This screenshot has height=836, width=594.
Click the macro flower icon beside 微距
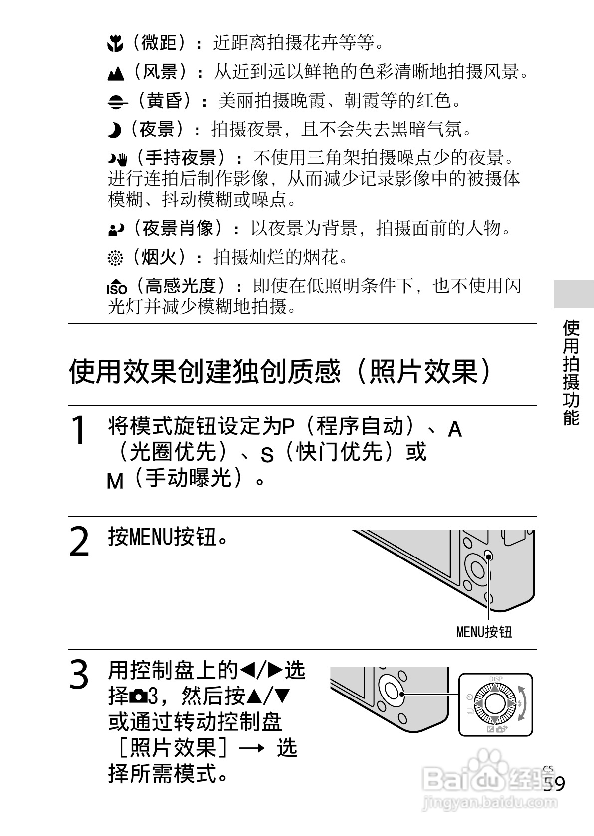tap(115, 45)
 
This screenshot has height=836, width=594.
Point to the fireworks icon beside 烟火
tap(115, 259)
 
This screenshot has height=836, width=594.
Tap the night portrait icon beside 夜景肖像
tap(115, 230)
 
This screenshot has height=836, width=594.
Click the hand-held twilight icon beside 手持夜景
tap(118, 159)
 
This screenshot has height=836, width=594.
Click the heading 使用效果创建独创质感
tap(279, 371)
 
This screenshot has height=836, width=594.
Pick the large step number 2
tap(79, 542)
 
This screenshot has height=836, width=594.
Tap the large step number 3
tap(79, 675)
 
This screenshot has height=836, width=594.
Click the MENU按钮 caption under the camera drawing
tap(484, 632)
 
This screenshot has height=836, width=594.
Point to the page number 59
tap(554, 784)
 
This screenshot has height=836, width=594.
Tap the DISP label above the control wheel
tap(496, 679)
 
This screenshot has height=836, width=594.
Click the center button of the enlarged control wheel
tap(495, 704)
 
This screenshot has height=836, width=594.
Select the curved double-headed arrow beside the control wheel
tap(522, 703)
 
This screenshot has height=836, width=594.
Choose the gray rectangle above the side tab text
tap(574, 294)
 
